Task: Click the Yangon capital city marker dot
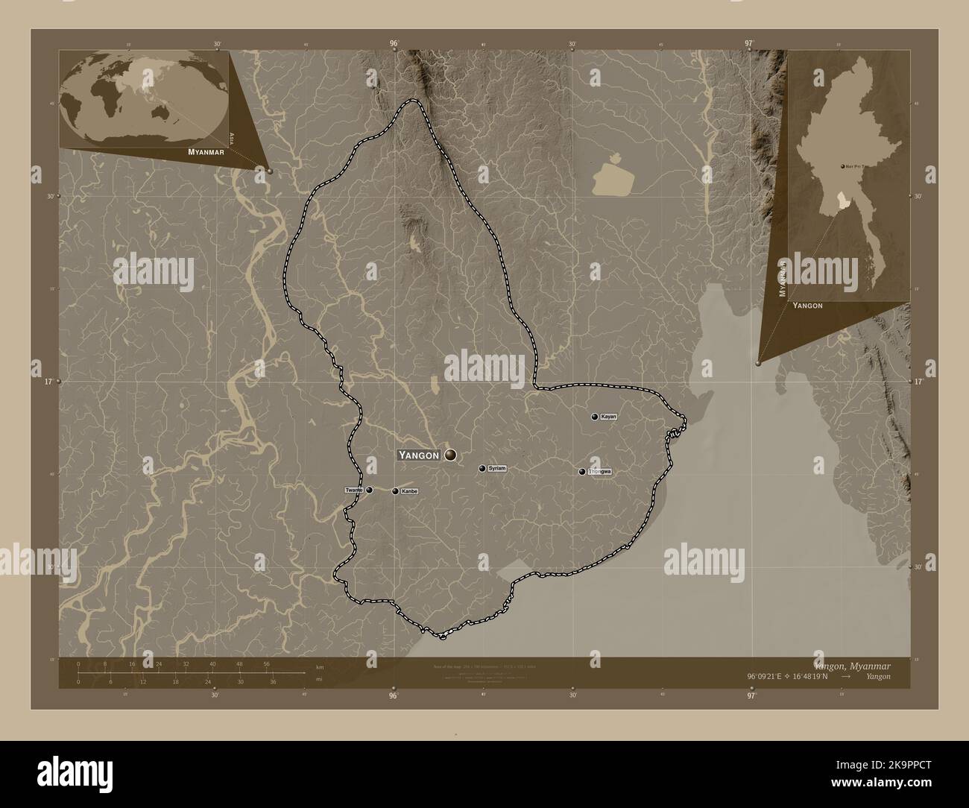pos(451,455)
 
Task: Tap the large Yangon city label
pos(419,455)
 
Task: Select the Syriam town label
pos(497,468)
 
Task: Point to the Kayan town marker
pos(594,417)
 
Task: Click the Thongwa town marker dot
pos(582,471)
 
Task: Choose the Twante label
pos(354,490)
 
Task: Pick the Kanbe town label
pos(409,491)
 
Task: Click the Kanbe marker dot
pos(395,491)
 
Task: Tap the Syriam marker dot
pos(482,468)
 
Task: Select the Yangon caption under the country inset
pos(807,306)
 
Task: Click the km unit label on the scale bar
pos(320,666)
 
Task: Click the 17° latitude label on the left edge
pos(48,382)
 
